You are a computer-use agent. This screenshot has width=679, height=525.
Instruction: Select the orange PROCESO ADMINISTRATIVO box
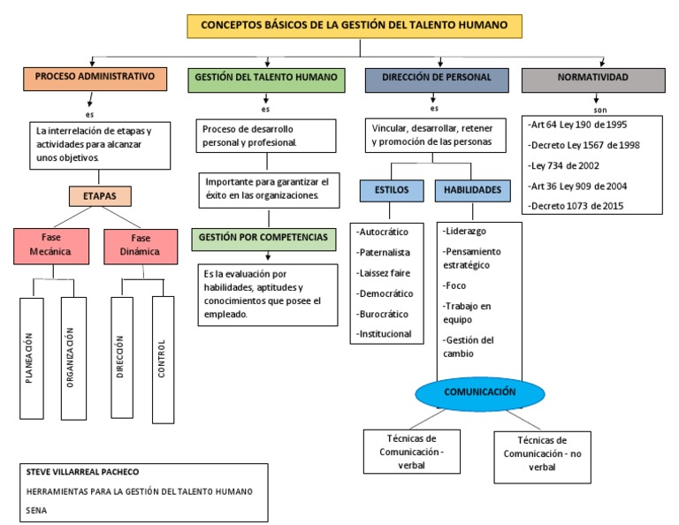95,79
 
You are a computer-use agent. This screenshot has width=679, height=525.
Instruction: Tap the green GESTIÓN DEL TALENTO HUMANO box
265,79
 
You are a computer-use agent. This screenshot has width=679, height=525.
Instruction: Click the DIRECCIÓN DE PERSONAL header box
436,79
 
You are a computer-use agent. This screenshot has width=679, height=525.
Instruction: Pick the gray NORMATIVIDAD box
593,79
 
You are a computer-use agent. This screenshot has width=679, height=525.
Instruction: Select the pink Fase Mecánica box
52,245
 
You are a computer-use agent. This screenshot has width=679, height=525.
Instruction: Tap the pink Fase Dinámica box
141,245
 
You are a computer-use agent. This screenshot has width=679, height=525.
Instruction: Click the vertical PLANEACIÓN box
31,357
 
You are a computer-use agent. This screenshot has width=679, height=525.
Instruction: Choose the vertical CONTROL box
163,357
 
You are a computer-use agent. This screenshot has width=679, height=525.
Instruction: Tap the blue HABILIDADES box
472,190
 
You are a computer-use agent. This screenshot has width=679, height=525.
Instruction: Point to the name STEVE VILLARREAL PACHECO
83,472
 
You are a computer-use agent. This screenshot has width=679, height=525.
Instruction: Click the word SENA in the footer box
37,510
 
